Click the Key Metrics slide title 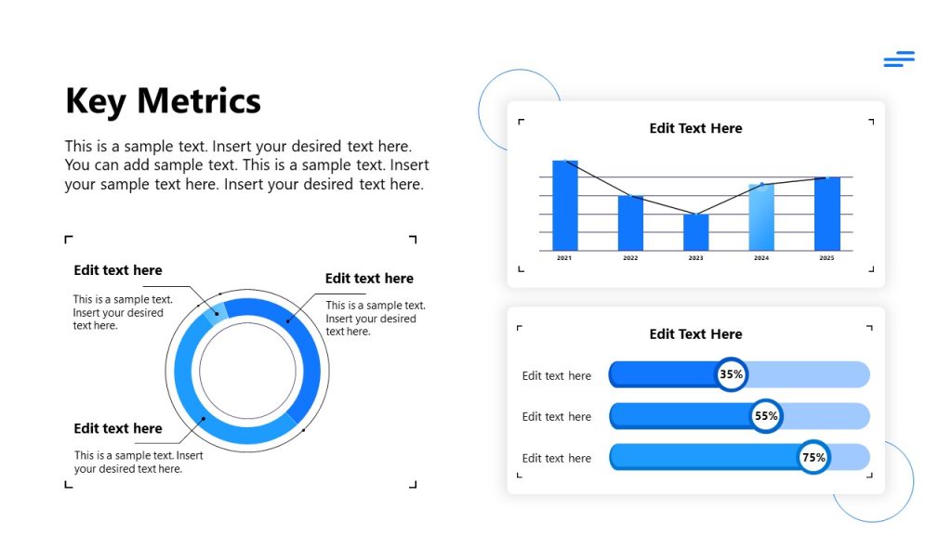click(x=163, y=100)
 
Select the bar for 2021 click(x=565, y=205)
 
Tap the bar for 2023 click(x=695, y=232)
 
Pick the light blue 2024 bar click(x=761, y=217)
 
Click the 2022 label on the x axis click(x=630, y=258)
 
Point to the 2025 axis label click(x=826, y=258)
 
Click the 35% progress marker click(x=732, y=375)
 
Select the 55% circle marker click(x=766, y=416)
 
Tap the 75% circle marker click(x=813, y=457)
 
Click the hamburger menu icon click(x=899, y=59)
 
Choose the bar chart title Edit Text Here click(x=695, y=128)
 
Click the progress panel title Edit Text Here click(x=695, y=334)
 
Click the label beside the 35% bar click(x=556, y=376)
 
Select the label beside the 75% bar click(x=556, y=458)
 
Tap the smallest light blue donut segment click(x=215, y=311)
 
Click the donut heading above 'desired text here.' click(x=118, y=428)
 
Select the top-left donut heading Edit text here click(x=118, y=270)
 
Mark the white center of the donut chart click(x=248, y=371)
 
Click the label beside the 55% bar click(x=556, y=417)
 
